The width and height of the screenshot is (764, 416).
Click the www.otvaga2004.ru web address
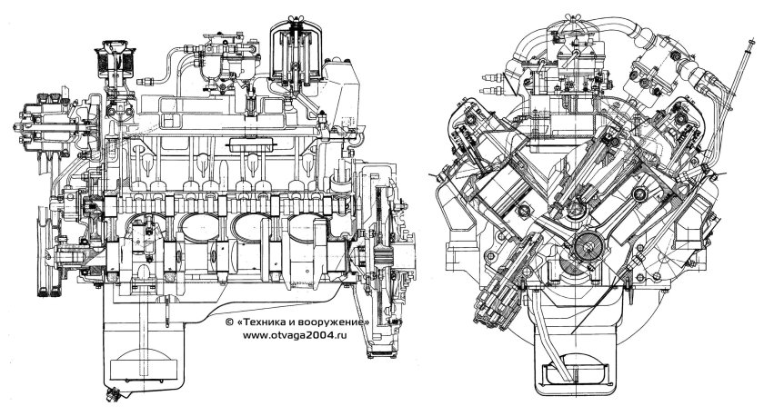296,334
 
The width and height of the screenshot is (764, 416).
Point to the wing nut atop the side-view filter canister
296,19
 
